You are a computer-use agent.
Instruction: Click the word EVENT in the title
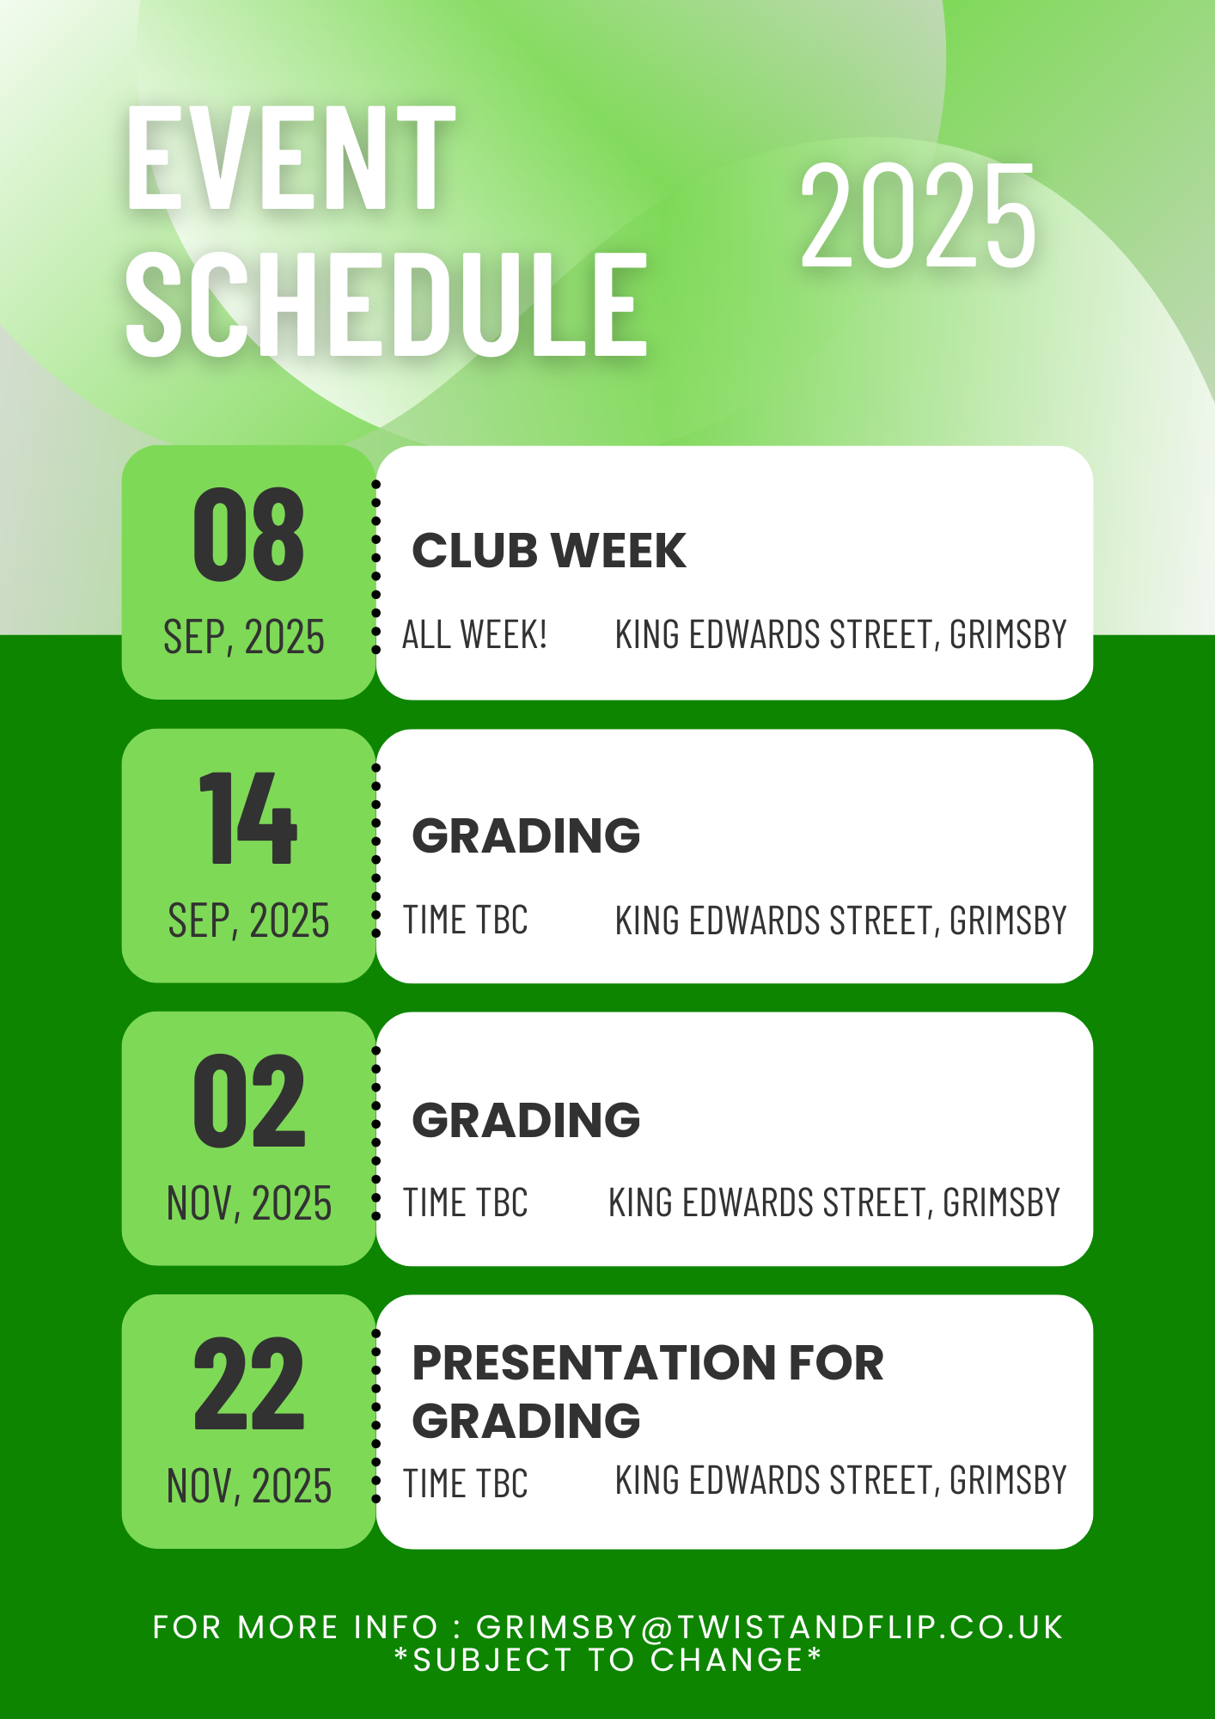point(290,158)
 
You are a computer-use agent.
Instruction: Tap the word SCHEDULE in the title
point(387,304)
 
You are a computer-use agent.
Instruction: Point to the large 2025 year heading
point(919,216)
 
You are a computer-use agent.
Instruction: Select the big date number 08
point(248,534)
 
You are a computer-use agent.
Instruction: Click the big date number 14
point(248,817)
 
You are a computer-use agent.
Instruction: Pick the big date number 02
point(249,1101)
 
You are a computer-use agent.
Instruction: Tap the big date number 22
point(249,1383)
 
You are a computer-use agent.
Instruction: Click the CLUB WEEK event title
point(549,550)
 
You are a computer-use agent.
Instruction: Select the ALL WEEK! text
point(474,634)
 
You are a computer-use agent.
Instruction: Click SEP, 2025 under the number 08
point(244,637)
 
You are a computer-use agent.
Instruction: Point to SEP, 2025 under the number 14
point(248,921)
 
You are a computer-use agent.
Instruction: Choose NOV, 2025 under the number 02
point(249,1202)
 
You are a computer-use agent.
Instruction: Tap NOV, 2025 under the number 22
point(249,1485)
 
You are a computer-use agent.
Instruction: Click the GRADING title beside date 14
point(526,835)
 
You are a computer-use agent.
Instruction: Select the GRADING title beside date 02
point(526,1119)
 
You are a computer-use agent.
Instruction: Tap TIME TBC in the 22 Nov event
point(466,1483)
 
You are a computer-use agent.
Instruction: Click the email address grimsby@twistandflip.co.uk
point(770,1627)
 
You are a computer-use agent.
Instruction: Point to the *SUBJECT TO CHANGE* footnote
point(608,1660)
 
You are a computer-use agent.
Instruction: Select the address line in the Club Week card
point(840,634)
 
